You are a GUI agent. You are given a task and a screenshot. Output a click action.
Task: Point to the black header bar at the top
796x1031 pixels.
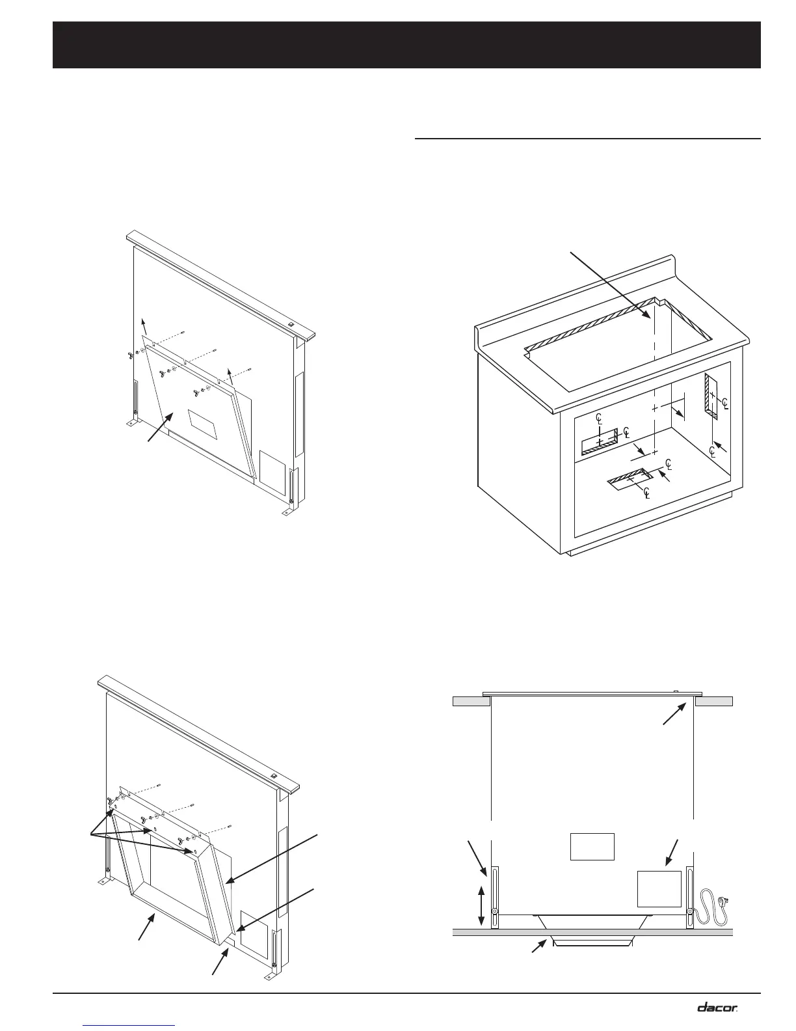pyautogui.click(x=406, y=45)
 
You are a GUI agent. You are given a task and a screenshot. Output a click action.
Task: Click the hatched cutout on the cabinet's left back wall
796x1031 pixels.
pyautogui.click(x=599, y=443)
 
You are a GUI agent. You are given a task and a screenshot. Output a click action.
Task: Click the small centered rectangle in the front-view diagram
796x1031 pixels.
pyautogui.click(x=592, y=846)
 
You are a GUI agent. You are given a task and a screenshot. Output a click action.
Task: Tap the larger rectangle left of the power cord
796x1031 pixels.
pyautogui.click(x=659, y=888)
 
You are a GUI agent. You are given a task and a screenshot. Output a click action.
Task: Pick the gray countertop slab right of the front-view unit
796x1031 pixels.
pyautogui.click(x=714, y=701)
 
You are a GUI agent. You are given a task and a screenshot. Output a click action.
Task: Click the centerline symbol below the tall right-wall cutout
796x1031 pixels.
pyautogui.click(x=713, y=450)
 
